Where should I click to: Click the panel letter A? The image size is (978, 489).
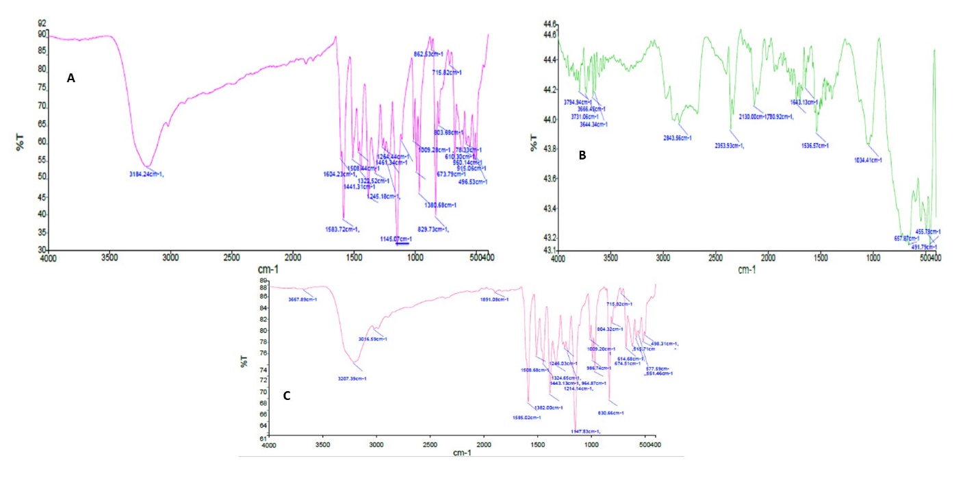(70, 79)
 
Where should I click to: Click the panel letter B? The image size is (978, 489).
(582, 155)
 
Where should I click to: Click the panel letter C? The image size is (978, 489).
(287, 395)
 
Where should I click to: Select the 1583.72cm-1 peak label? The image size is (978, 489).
(342, 229)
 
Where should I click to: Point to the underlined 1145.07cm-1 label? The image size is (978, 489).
(396, 238)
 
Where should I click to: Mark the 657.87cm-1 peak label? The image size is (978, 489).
(908, 238)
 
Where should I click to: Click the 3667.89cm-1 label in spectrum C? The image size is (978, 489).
(303, 299)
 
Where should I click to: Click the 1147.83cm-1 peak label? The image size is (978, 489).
(586, 431)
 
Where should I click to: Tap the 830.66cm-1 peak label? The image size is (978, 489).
(611, 413)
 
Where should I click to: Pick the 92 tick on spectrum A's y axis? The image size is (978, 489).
(42, 23)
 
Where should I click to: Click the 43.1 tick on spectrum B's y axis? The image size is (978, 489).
(546, 249)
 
